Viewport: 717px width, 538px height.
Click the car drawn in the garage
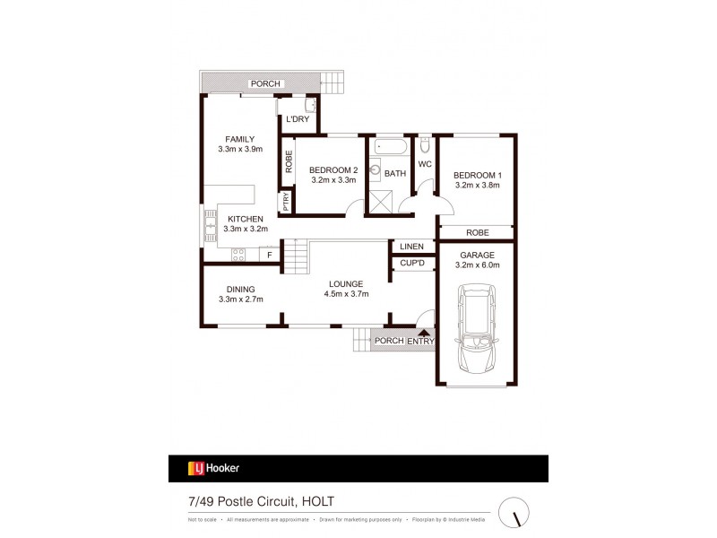pos(475,330)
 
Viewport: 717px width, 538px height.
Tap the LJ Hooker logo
pos(213,468)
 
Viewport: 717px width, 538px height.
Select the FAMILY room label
pos(239,139)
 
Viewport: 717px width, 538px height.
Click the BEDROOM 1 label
pos(476,175)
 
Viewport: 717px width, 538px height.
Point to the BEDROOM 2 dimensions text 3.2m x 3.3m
pos(333,180)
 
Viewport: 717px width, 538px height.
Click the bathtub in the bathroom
pos(391,146)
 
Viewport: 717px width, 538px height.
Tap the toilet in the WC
pos(425,144)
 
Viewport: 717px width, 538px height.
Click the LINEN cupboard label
pos(411,246)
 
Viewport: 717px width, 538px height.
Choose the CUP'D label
pos(411,264)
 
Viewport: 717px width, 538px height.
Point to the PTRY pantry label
pos(286,201)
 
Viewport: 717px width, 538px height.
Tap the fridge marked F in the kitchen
pos(270,256)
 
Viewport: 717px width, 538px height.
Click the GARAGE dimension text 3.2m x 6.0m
pos(476,265)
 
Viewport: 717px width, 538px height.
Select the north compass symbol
pos(515,514)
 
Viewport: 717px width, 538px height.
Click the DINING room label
pos(239,290)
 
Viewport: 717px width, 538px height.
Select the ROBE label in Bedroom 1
pos(476,232)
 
